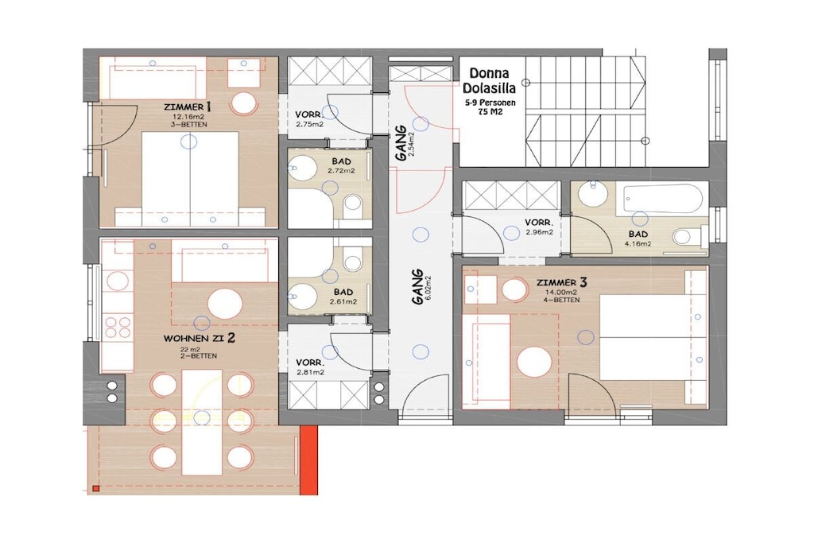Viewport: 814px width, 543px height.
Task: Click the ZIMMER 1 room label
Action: (x=187, y=107)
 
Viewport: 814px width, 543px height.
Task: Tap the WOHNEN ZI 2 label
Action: (x=200, y=338)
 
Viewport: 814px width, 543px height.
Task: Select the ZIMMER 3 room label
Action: (x=562, y=283)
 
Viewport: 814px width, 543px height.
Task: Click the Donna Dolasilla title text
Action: (x=490, y=80)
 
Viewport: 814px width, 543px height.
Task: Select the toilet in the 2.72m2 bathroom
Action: (x=354, y=204)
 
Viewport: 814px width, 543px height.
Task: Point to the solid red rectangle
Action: (x=309, y=460)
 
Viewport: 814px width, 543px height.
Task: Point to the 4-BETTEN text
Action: (x=562, y=300)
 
